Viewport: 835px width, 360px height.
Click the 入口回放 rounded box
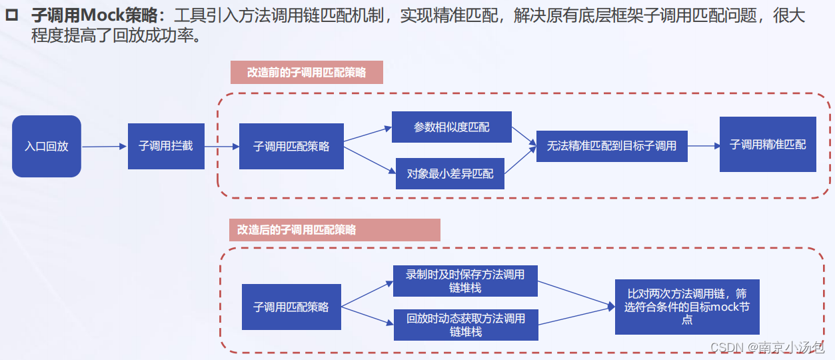point(47,146)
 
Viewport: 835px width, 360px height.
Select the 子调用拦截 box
point(166,146)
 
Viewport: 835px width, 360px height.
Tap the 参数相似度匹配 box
point(451,127)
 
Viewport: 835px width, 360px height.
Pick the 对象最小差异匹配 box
point(450,173)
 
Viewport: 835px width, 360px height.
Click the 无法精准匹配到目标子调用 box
point(611,146)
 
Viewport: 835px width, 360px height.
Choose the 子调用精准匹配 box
point(768,144)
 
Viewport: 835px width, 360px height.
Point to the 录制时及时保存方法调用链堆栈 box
point(465,281)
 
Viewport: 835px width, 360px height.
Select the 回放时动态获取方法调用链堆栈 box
point(465,325)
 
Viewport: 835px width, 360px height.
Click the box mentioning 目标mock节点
point(687,307)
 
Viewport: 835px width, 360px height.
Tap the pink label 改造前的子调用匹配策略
point(307,73)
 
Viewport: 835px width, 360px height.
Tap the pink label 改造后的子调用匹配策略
point(335,229)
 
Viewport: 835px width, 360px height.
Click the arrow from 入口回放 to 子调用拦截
point(105,147)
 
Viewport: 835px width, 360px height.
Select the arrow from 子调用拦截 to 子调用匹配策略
point(222,146)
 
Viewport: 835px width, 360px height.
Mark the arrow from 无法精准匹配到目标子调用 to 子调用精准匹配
point(703,145)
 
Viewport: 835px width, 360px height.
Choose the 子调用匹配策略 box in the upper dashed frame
point(291,146)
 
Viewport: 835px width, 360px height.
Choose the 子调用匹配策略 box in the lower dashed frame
point(291,307)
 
